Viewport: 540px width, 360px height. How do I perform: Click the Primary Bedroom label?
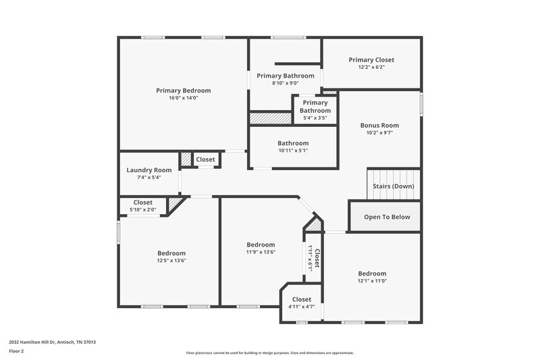click(183, 91)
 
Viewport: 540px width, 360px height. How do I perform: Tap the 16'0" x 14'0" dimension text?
click(183, 98)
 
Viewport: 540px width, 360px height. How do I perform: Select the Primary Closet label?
click(371, 60)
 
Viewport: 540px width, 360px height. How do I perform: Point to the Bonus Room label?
click(379, 125)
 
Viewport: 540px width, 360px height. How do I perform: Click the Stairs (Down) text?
click(394, 186)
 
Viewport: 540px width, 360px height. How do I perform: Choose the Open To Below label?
click(387, 217)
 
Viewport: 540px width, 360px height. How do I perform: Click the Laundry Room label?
click(149, 170)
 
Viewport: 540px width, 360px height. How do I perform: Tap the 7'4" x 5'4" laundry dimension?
click(149, 178)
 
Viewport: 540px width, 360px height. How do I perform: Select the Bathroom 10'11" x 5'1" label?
click(293, 143)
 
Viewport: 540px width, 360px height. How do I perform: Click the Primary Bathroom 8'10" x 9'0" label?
click(285, 76)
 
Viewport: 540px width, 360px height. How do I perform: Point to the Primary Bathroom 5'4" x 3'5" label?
click(315, 107)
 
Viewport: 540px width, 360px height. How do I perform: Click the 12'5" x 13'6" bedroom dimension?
click(171, 261)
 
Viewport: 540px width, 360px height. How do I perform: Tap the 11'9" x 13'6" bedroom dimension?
click(261, 252)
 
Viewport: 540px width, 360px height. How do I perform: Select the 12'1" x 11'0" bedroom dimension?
click(372, 281)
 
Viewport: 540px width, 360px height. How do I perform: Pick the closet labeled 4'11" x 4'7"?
click(302, 303)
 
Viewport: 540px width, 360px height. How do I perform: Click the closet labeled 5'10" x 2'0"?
click(142, 205)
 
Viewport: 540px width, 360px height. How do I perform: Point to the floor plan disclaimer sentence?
click(270, 353)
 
